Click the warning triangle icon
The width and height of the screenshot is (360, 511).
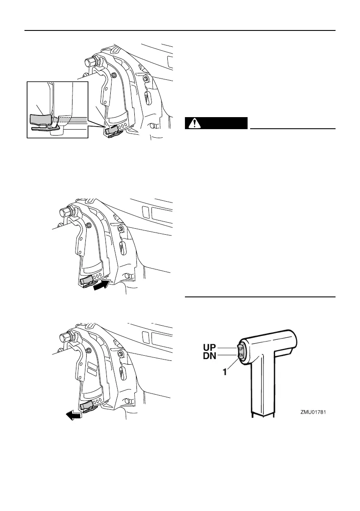click(x=196, y=123)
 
